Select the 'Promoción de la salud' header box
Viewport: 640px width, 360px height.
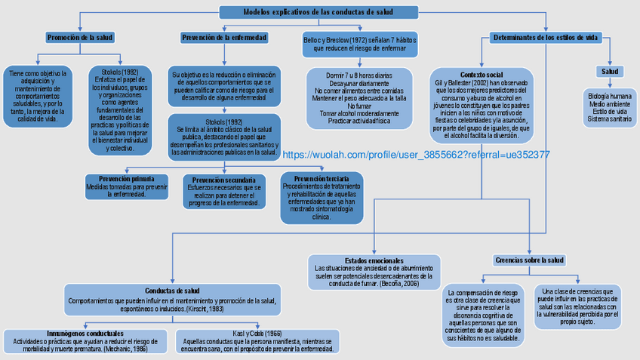(x=80, y=37)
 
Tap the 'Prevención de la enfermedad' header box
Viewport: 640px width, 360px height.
(x=224, y=37)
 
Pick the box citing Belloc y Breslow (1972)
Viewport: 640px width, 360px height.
(x=359, y=42)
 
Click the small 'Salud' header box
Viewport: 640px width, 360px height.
(x=610, y=72)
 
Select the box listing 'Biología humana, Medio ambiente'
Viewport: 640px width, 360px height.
(x=610, y=108)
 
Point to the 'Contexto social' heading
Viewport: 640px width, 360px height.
(x=482, y=75)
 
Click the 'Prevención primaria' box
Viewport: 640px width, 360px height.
(x=127, y=186)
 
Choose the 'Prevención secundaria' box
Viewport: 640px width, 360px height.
(x=224, y=192)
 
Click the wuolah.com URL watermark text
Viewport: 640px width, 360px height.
(x=415, y=154)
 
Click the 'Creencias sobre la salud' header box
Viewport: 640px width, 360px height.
(x=530, y=260)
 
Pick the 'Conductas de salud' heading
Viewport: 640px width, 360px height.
(x=172, y=290)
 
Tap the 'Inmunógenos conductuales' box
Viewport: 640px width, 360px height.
(x=85, y=341)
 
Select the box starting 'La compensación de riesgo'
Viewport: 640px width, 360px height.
(x=483, y=315)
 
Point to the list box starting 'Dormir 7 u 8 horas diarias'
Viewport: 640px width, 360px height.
(x=359, y=98)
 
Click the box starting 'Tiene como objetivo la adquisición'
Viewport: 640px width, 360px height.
(x=37, y=96)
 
